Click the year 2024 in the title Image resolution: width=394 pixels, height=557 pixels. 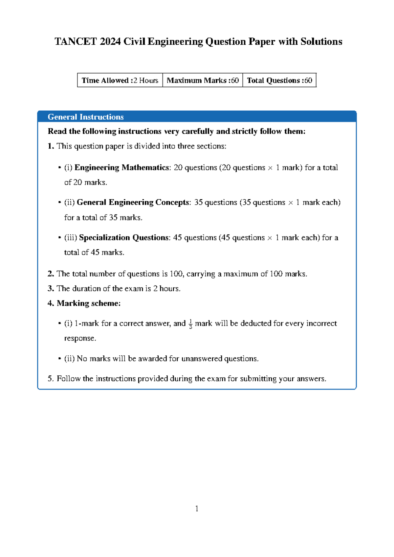[110, 42]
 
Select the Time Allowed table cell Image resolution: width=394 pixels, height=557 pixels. [120, 80]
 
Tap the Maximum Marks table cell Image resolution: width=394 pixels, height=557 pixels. [203, 80]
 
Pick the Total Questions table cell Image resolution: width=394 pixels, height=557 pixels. [279, 80]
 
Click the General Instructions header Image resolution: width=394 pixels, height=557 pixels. [86, 117]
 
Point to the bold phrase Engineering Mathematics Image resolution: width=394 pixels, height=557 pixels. [122, 167]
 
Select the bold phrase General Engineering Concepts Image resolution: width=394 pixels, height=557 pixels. [133, 202]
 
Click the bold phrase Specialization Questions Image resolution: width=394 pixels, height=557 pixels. [124, 237]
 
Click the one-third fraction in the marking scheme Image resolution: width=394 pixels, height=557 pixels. [190, 324]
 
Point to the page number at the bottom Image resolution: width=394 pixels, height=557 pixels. [197, 509]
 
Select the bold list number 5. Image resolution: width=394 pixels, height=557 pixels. [51, 379]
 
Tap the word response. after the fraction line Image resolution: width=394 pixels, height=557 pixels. [80, 339]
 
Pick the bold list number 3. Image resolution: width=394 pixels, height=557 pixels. [51, 289]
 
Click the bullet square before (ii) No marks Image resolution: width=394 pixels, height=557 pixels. [60, 359]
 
